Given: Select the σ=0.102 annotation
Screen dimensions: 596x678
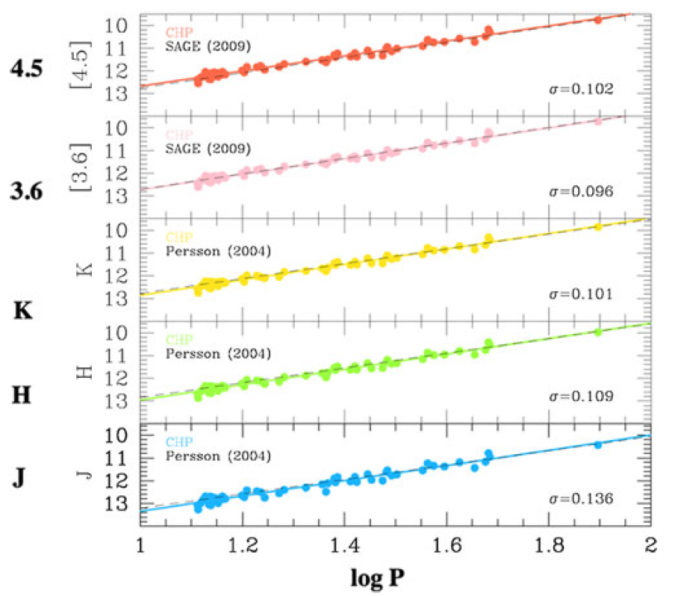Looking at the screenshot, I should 582,90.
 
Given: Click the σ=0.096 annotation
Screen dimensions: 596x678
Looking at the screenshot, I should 582,192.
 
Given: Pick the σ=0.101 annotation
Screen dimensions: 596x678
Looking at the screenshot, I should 582,294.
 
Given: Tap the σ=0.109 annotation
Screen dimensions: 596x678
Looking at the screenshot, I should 582,396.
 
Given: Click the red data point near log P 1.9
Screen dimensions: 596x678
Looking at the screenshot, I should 597,19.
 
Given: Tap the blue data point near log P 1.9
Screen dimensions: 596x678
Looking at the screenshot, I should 597,444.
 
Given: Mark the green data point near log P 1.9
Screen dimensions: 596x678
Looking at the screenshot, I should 597,332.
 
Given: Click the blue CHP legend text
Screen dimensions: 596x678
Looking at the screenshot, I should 178,441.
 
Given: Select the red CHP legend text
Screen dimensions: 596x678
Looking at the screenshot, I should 178,32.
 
